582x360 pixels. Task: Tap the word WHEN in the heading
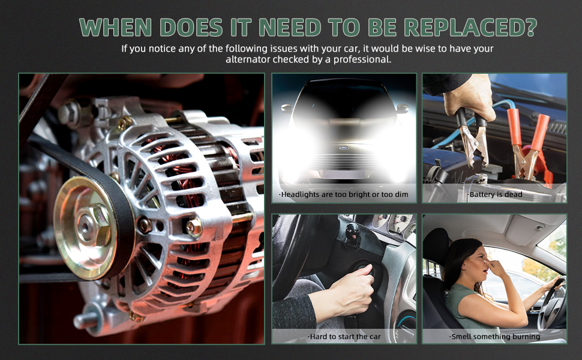(x=115, y=27)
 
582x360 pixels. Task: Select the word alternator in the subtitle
(x=248, y=59)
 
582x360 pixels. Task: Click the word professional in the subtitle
(x=362, y=59)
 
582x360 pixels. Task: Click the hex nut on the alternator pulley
(x=92, y=224)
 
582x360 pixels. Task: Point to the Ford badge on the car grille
(x=344, y=148)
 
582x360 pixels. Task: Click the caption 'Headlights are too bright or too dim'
(x=343, y=194)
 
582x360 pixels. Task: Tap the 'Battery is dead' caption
(x=494, y=194)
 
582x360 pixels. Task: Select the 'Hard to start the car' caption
(x=344, y=337)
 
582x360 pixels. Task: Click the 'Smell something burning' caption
(x=494, y=337)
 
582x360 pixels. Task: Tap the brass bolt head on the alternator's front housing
(x=194, y=227)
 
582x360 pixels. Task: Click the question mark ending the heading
(x=531, y=27)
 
